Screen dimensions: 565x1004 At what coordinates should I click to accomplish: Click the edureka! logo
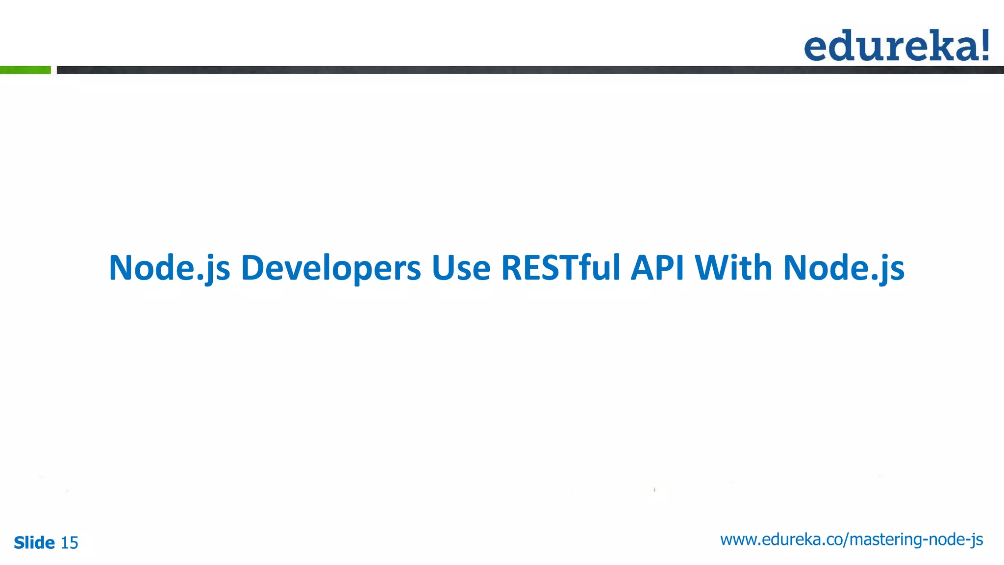(896, 46)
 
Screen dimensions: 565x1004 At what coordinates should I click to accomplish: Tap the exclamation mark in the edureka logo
(983, 45)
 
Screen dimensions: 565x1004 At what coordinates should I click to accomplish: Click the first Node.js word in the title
(169, 268)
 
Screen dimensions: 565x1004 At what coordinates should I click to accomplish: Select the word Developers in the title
(331, 268)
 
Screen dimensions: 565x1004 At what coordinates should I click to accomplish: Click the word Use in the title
(461, 268)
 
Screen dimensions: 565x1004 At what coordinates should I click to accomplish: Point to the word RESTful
(560, 268)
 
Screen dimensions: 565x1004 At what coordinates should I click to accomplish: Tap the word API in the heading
(657, 268)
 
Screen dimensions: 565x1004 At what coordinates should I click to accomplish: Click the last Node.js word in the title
(843, 268)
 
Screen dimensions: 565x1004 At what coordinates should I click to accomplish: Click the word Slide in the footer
(34, 543)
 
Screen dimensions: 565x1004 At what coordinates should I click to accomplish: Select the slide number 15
(69, 543)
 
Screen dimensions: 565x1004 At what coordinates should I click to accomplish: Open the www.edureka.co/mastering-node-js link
(852, 539)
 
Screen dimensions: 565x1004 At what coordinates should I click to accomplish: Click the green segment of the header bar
(25, 70)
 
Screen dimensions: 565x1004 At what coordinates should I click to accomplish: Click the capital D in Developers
(254, 268)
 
